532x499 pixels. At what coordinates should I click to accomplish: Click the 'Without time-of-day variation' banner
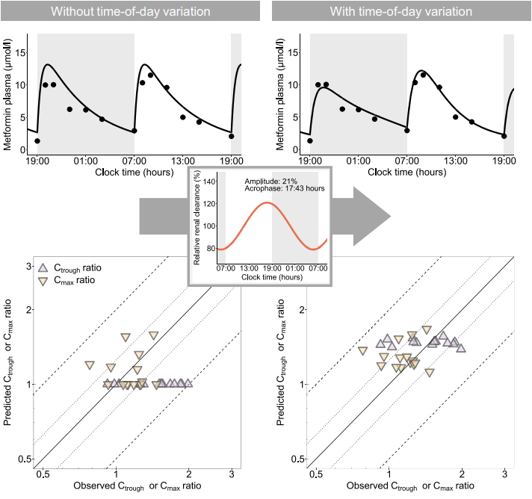point(130,11)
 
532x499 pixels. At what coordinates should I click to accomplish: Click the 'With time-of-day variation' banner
point(401,11)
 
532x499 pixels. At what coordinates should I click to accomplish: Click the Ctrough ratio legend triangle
point(44,267)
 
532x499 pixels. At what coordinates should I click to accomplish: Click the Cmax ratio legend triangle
point(44,282)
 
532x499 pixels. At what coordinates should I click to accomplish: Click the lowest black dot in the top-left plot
point(37,140)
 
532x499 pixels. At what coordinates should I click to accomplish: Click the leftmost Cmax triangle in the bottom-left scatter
point(90,365)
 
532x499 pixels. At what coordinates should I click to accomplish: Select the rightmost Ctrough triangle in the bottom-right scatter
point(461,347)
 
